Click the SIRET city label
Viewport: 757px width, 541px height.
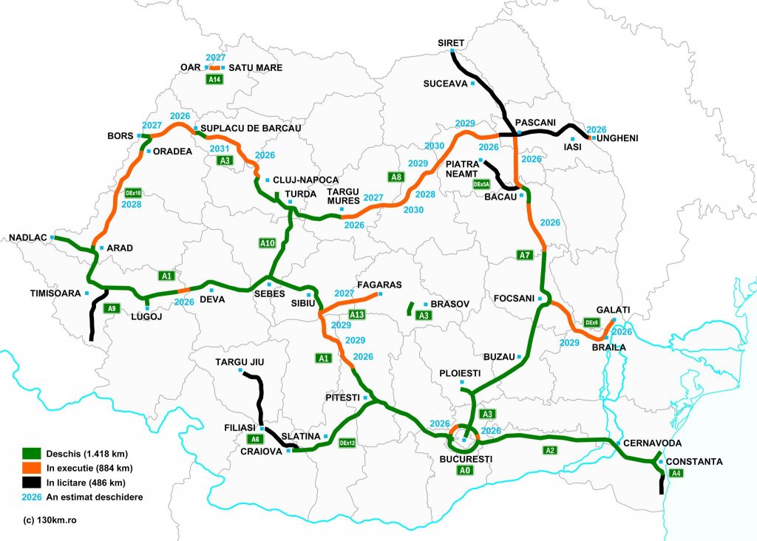(450, 43)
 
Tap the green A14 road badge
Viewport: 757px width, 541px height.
(216, 79)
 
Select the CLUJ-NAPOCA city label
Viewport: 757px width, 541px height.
(305, 180)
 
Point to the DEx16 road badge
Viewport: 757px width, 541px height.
(133, 193)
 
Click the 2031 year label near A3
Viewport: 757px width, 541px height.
(220, 149)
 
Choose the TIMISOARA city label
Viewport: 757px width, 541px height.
(55, 293)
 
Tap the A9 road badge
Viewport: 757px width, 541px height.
(112, 308)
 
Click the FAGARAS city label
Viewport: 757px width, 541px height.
(378, 285)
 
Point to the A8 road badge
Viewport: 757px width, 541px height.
(397, 177)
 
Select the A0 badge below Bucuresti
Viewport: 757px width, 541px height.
(464, 470)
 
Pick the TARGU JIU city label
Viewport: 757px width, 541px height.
(240, 362)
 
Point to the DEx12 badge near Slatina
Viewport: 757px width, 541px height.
(347, 443)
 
